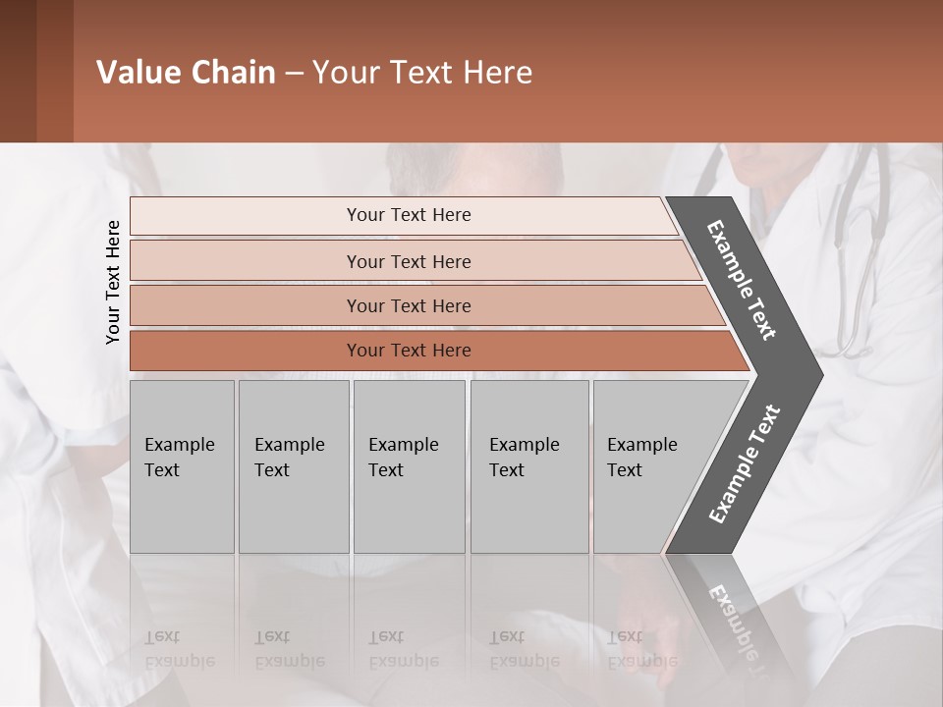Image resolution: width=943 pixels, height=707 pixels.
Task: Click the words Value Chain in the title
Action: [x=186, y=73]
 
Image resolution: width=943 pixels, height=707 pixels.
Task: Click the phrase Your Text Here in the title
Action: [x=422, y=73]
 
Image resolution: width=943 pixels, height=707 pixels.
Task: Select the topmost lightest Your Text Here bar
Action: [x=408, y=215]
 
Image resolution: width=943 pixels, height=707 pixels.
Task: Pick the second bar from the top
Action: [x=408, y=261]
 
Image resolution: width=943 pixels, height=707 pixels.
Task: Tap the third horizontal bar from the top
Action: [x=408, y=305]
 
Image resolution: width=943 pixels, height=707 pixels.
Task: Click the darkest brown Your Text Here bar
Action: [x=408, y=351]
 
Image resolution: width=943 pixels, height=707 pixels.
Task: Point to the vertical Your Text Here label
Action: [x=113, y=282]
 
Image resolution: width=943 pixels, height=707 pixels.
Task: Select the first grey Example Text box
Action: [x=182, y=466]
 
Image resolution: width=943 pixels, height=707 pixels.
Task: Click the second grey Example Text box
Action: [x=293, y=466]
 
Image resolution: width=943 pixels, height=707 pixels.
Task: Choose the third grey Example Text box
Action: [x=408, y=466]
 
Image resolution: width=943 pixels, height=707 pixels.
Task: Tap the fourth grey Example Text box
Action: [x=528, y=466]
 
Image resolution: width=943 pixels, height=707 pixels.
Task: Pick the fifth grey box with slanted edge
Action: [x=648, y=466]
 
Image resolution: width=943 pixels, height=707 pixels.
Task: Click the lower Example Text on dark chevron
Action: [x=745, y=463]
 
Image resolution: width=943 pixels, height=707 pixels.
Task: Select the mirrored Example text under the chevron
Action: [x=732, y=619]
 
